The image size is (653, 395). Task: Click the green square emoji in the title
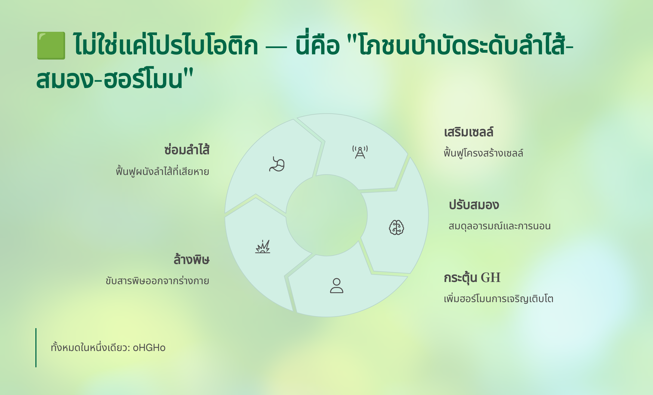(x=51, y=45)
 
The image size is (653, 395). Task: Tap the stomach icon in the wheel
(x=277, y=164)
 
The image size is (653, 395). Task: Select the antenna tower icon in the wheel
(x=360, y=152)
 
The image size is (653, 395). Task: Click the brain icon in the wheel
(x=396, y=227)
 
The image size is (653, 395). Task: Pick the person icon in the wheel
(x=337, y=286)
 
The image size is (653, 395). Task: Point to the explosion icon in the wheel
(x=263, y=246)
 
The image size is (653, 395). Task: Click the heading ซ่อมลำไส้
(x=187, y=150)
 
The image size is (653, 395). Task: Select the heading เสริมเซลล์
(x=469, y=132)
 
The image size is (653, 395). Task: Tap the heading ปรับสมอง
(x=474, y=205)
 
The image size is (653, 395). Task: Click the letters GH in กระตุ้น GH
(x=491, y=278)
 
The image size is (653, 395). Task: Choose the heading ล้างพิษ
(x=192, y=259)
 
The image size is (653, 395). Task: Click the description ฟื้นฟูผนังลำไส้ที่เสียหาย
(x=162, y=171)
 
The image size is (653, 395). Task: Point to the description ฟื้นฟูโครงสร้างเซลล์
(x=483, y=153)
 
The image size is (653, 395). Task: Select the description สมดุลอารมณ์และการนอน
(x=500, y=226)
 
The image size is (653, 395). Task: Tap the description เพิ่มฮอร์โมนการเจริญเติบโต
(x=498, y=299)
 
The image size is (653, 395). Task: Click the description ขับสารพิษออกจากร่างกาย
(x=158, y=281)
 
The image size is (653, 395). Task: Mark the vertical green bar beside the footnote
(x=36, y=348)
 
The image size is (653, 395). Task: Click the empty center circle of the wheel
(x=326, y=215)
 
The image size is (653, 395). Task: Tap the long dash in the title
(x=276, y=48)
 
